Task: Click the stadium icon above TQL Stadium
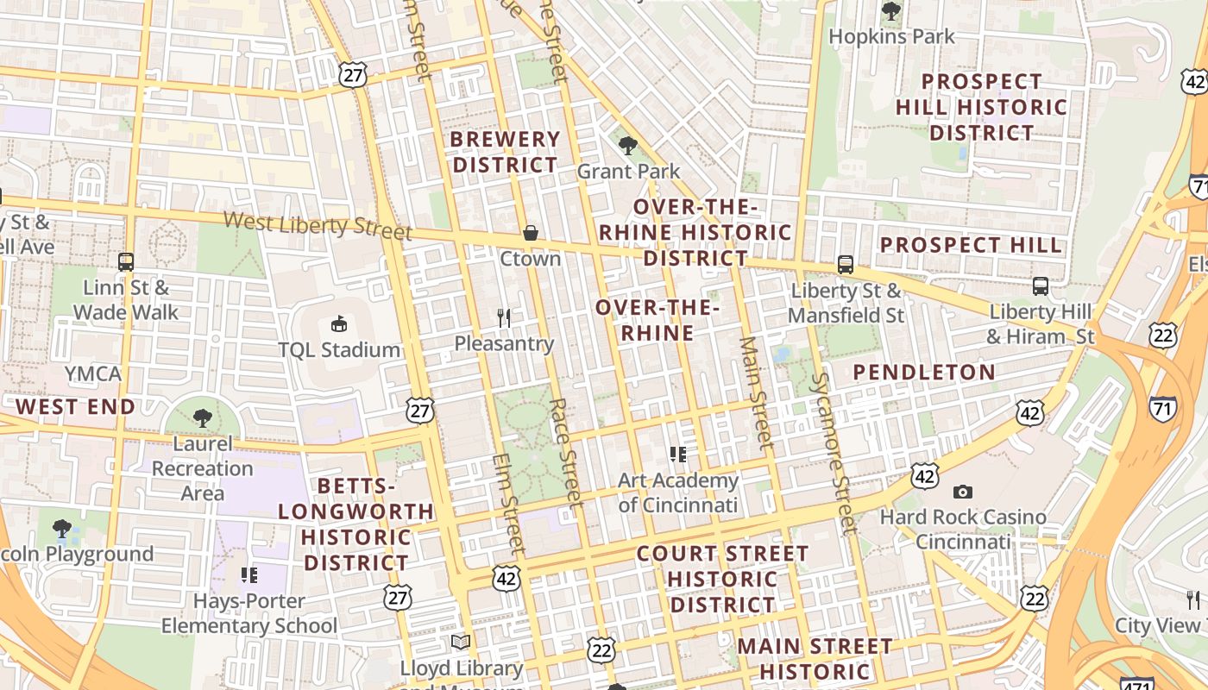pyautogui.click(x=338, y=324)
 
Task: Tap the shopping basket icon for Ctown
pyautogui.click(x=530, y=233)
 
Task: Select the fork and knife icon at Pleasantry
pyautogui.click(x=504, y=318)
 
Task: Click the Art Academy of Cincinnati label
pyautogui.click(x=678, y=492)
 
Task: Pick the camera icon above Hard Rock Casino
pyautogui.click(x=962, y=492)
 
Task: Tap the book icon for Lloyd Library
pyautogui.click(x=461, y=643)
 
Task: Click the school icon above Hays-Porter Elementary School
pyautogui.click(x=249, y=574)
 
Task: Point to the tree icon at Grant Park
pyautogui.click(x=628, y=145)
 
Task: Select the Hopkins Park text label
pyautogui.click(x=891, y=36)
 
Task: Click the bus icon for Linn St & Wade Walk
pyautogui.click(x=126, y=261)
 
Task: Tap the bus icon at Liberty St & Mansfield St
pyautogui.click(x=845, y=265)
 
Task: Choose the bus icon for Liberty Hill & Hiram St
pyautogui.click(x=1041, y=285)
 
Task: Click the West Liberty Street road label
pyautogui.click(x=318, y=225)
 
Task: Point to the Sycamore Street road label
pyautogui.click(x=832, y=452)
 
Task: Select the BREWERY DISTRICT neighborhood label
pyautogui.click(x=506, y=152)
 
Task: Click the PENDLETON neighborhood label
pyautogui.click(x=924, y=373)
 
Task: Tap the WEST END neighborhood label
pyautogui.click(x=75, y=407)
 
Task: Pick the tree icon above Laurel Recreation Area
pyautogui.click(x=202, y=418)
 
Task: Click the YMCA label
pyautogui.click(x=93, y=374)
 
